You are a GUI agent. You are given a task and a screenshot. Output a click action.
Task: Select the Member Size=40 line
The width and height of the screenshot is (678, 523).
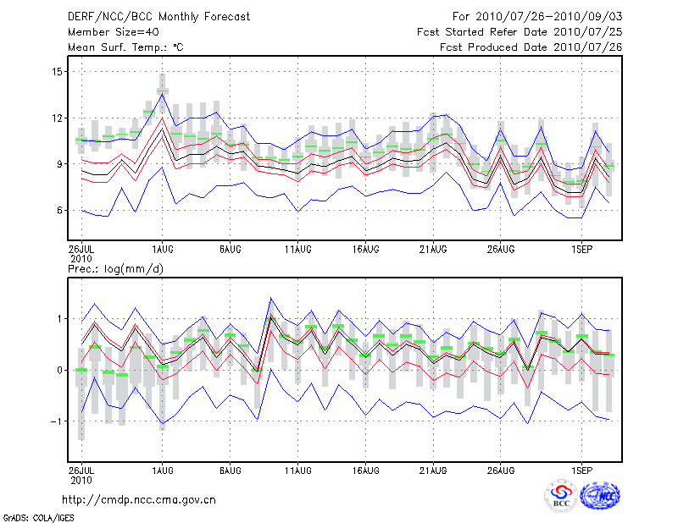pyautogui.click(x=107, y=32)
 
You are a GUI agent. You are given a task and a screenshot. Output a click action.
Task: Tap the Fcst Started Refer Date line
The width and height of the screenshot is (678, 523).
pyautogui.click(x=520, y=32)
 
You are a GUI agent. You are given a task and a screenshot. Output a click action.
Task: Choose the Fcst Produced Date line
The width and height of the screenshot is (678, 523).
pyautogui.click(x=531, y=47)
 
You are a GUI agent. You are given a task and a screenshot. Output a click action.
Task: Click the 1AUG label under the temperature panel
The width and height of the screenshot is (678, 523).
pyautogui.click(x=162, y=250)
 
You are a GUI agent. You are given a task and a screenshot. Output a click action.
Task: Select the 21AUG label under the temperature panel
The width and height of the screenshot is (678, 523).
pyautogui.click(x=433, y=250)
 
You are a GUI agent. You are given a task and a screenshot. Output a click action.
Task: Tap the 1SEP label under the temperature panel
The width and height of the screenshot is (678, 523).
pyautogui.click(x=581, y=250)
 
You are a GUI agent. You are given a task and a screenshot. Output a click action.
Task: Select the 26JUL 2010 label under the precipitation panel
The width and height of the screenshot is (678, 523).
pyautogui.click(x=81, y=475)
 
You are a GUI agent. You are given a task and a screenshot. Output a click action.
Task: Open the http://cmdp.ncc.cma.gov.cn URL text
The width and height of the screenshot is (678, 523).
pyautogui.click(x=140, y=499)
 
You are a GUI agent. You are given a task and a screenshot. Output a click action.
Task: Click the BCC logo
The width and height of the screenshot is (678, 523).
pyautogui.click(x=561, y=496)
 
